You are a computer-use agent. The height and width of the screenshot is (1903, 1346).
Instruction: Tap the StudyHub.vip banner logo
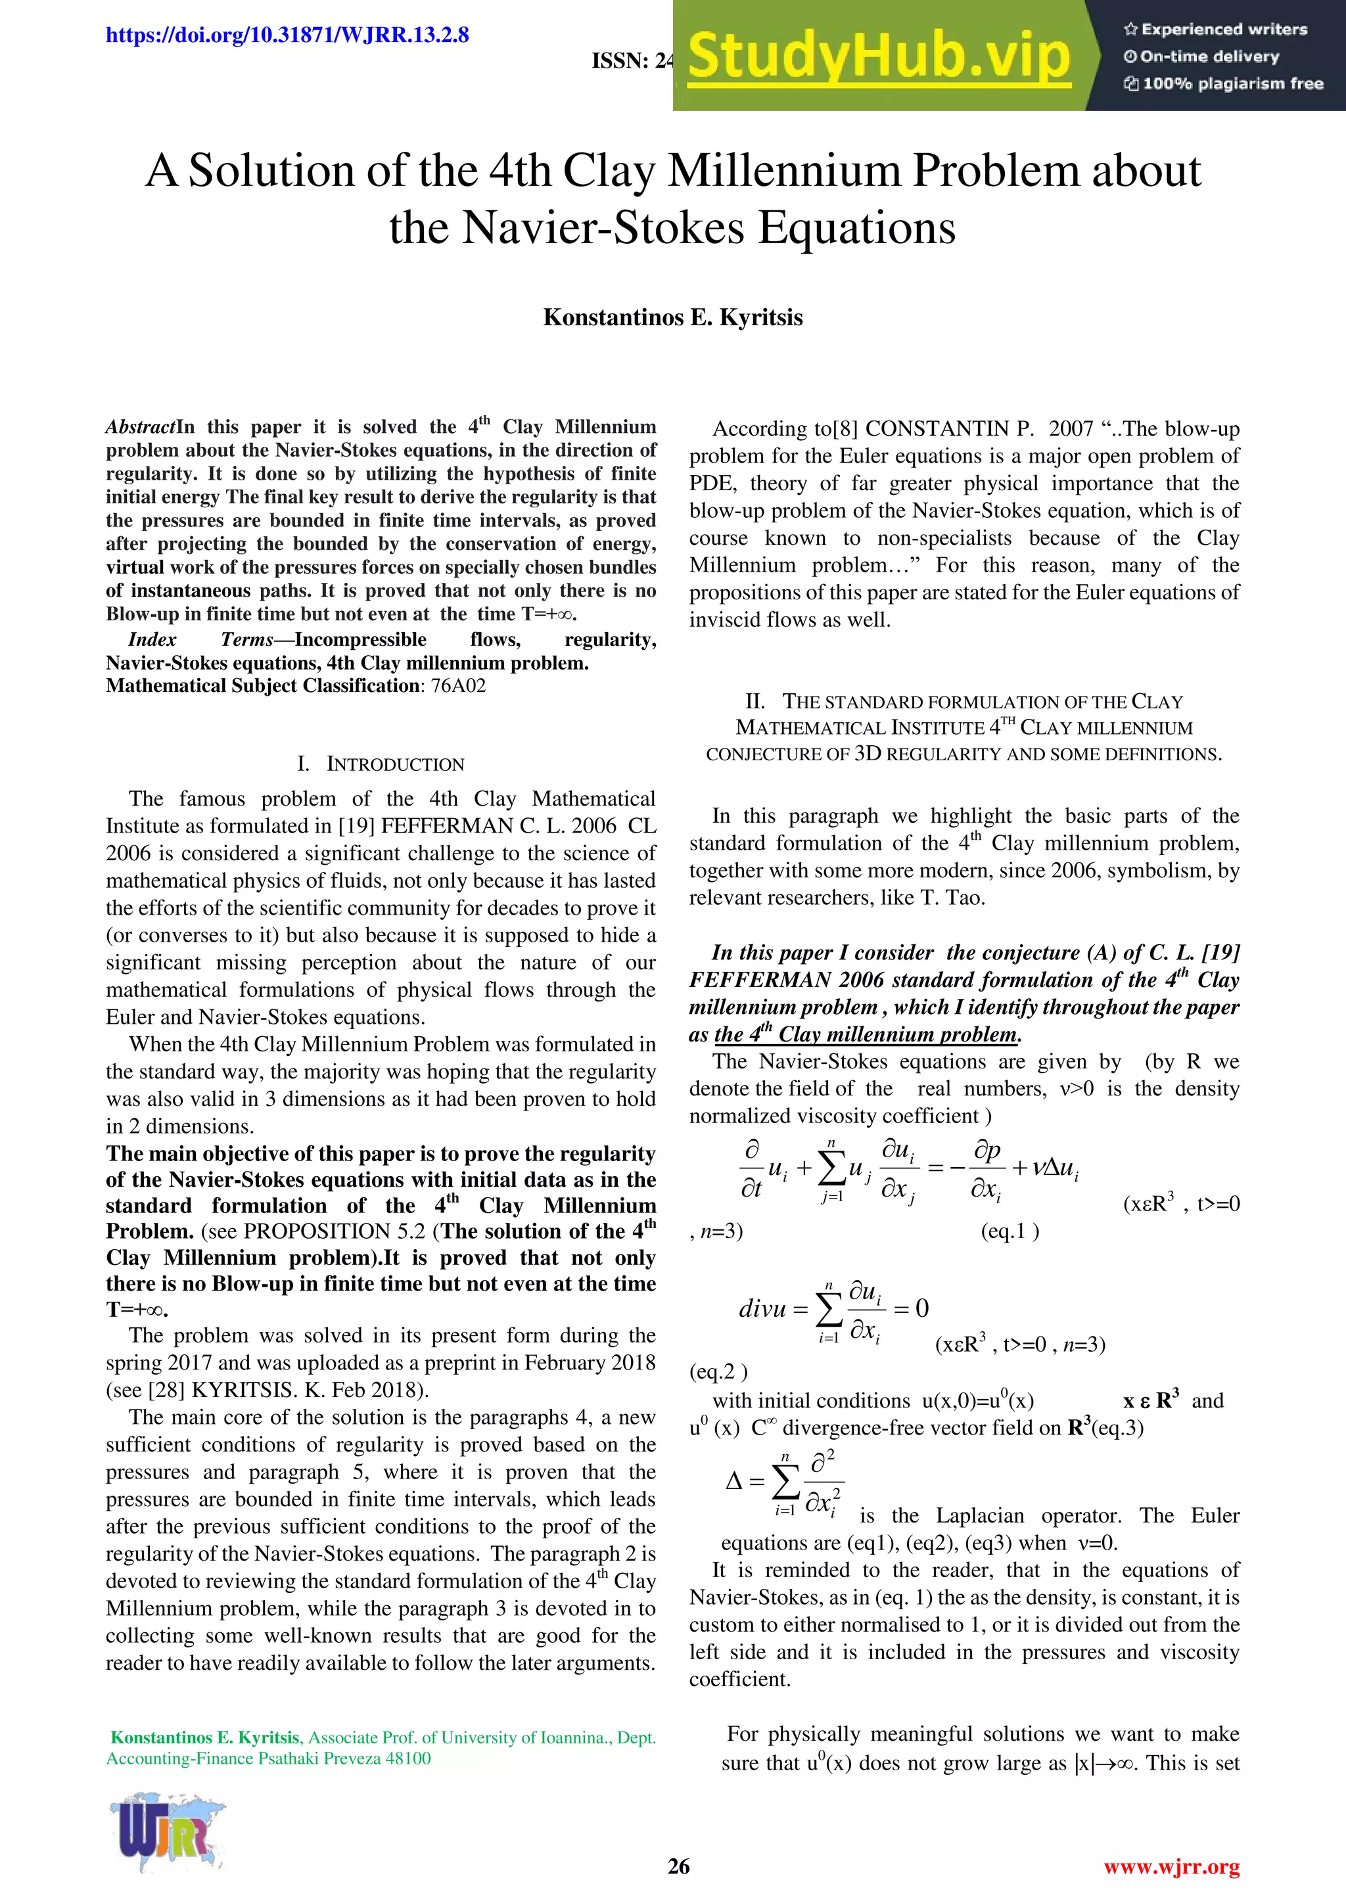[x=879, y=57]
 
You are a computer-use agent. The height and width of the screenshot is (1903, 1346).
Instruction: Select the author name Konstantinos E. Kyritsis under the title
[x=672, y=317]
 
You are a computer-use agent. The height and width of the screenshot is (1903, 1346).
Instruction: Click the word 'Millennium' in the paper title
[x=785, y=172]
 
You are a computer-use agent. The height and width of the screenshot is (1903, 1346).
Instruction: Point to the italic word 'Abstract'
[x=139, y=428]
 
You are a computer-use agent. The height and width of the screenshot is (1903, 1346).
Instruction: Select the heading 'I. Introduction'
[x=381, y=764]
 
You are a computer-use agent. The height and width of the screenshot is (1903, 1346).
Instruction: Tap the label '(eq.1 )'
[x=1009, y=1231]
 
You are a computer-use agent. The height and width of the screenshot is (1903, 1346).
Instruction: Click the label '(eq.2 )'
[x=718, y=1371]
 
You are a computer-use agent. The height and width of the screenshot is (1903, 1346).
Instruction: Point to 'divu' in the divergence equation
[x=762, y=1310]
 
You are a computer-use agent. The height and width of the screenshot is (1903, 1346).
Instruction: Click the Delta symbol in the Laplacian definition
[x=733, y=1481]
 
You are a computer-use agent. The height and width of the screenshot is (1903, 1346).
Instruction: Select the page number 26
[x=678, y=1867]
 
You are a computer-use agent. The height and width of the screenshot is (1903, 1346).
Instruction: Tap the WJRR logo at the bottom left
[x=166, y=1833]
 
